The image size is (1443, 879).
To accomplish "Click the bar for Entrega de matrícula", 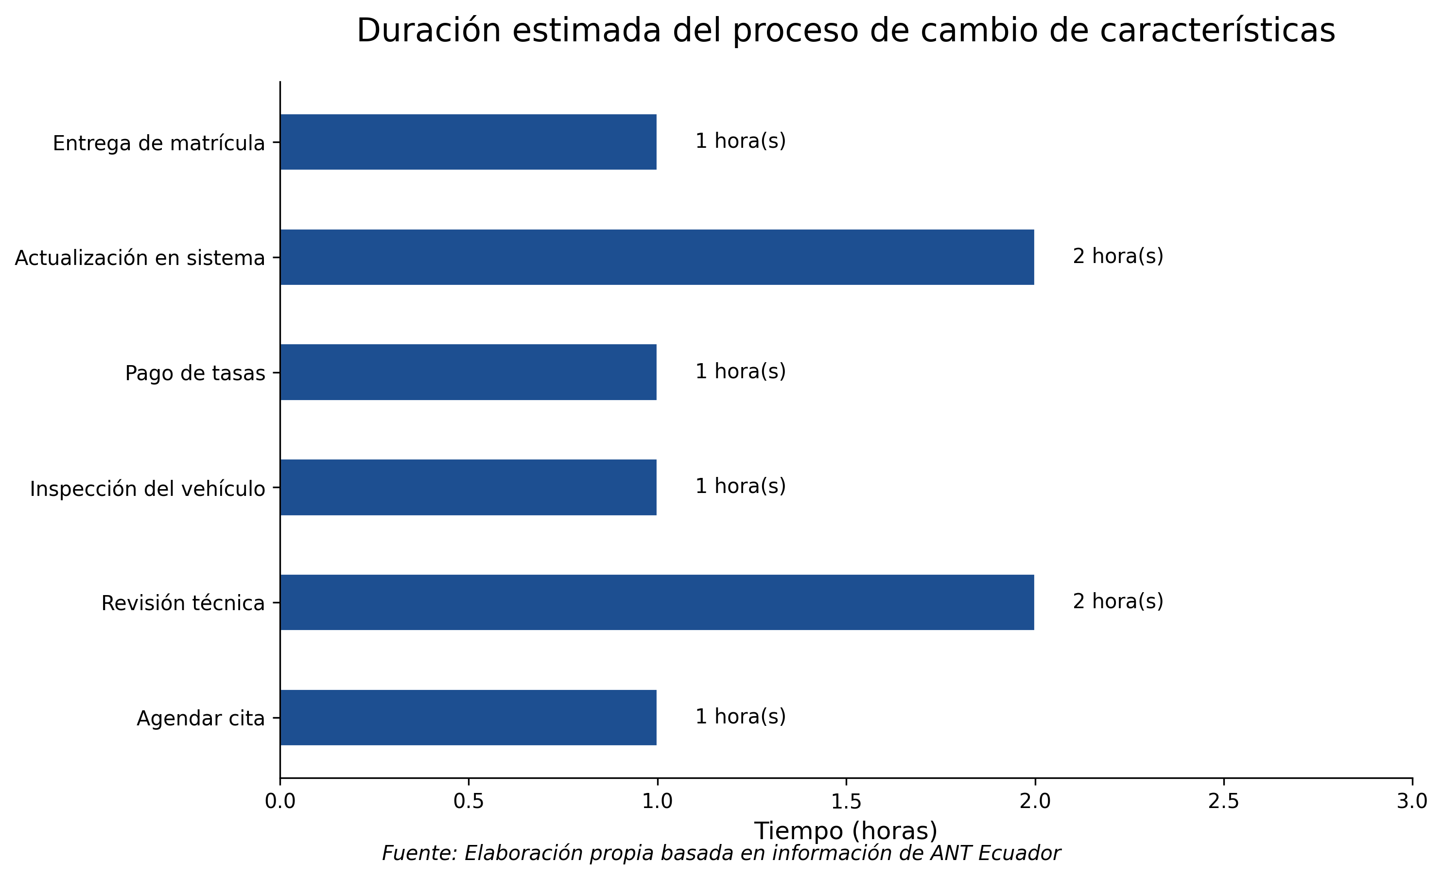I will (468, 142).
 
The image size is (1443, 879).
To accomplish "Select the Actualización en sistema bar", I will (657, 257).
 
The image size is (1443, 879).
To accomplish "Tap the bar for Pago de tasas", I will (468, 372).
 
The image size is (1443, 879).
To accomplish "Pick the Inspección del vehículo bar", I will (468, 488).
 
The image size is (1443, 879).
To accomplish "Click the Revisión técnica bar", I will (657, 602).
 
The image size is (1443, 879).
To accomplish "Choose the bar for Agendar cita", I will (468, 718).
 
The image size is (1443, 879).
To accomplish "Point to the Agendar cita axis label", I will (200, 719).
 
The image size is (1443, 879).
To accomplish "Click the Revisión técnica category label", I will (183, 603).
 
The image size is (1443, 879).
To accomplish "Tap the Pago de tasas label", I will (195, 373).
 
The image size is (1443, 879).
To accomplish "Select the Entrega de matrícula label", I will (159, 143).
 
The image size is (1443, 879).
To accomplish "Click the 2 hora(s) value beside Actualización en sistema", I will (1117, 257).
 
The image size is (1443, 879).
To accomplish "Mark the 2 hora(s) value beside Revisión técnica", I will (1117, 602).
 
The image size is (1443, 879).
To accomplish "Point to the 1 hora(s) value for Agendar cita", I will (740, 717).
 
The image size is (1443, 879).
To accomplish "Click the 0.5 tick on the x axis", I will (469, 802).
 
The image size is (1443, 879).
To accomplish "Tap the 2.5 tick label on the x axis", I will (1223, 802).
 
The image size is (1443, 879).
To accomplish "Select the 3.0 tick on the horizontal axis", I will (1412, 802).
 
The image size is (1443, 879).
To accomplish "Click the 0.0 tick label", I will (280, 802).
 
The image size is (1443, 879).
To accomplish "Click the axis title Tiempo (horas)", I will (846, 831).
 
